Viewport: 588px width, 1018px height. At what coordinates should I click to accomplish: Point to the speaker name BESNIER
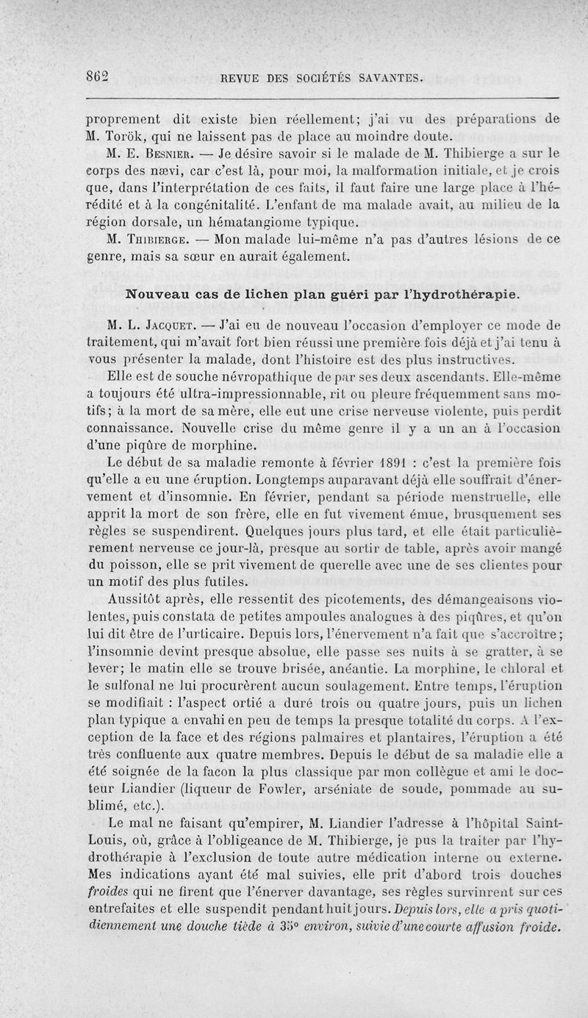tap(166, 154)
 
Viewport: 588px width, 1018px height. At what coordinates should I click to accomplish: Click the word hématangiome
tap(272, 221)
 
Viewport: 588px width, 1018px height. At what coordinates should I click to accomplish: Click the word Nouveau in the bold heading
tap(159, 293)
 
